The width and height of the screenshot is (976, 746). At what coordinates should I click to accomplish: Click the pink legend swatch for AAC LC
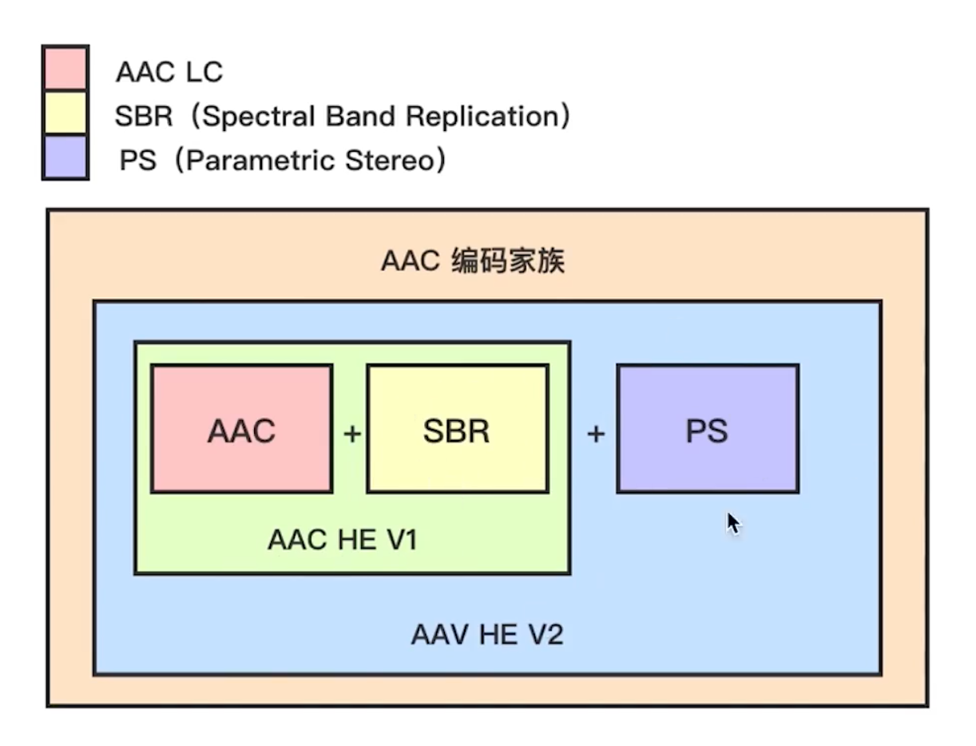pos(65,68)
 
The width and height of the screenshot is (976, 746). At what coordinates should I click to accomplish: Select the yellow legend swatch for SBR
pos(65,113)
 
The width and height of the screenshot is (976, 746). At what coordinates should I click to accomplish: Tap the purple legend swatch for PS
pos(65,157)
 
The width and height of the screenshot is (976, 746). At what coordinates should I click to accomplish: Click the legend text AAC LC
pos(169,73)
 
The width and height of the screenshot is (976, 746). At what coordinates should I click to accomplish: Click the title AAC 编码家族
pos(473,261)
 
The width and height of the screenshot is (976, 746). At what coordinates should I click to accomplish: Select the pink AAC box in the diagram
pos(242,429)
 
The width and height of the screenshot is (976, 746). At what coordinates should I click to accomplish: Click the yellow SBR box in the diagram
pos(457,429)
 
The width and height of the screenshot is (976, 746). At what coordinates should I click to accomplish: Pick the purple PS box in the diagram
pos(707,429)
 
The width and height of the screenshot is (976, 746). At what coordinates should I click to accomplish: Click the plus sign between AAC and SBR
pos(351,434)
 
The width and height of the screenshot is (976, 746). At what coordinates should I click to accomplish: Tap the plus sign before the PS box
pos(596,434)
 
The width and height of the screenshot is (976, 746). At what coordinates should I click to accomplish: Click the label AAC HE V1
pos(342,540)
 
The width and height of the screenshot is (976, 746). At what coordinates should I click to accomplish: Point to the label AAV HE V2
pos(487,635)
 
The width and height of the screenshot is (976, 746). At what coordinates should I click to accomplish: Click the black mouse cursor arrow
pos(732,523)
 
